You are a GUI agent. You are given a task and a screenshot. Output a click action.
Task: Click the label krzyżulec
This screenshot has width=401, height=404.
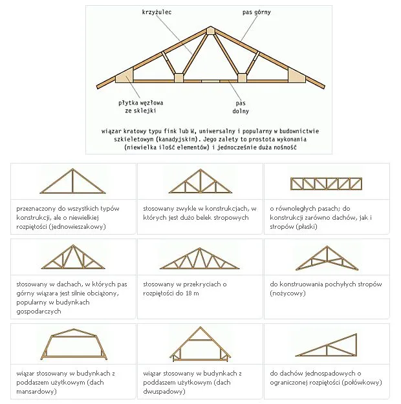(157, 12)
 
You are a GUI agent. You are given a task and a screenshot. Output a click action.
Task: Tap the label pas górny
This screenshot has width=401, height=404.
(257, 12)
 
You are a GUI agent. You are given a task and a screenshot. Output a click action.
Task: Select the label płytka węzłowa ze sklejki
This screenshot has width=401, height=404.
(141, 107)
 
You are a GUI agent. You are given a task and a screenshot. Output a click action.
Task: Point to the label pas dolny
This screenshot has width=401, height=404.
(241, 107)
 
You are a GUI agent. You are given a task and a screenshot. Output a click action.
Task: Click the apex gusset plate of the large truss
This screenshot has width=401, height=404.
(210, 30)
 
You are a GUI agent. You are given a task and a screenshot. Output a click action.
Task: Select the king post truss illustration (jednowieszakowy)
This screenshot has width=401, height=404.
(72, 181)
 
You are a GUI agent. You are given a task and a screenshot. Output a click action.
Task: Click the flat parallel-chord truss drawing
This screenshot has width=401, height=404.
(326, 184)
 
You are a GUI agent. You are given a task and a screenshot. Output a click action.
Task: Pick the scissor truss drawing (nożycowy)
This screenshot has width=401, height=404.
(327, 258)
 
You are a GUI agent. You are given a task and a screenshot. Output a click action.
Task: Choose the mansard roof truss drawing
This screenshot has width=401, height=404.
(74, 345)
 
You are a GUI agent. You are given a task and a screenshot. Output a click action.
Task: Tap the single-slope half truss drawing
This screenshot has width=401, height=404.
(327, 345)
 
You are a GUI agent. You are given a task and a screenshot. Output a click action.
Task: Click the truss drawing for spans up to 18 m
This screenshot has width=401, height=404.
(200, 259)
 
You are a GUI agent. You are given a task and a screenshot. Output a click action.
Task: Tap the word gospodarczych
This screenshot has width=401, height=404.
(39, 312)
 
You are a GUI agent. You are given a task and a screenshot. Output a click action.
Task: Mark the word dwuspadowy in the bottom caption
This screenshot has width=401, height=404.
(163, 392)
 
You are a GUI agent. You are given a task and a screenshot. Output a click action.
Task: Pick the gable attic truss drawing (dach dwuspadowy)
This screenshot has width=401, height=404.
(200, 344)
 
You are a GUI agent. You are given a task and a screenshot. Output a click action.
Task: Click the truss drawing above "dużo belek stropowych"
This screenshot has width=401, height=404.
(200, 181)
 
